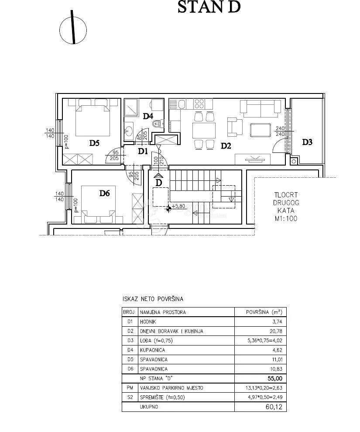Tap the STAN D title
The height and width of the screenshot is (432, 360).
click(x=209, y=7)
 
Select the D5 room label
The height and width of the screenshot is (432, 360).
click(x=94, y=143)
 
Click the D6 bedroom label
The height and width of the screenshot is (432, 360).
click(x=104, y=193)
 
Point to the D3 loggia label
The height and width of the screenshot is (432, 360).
click(x=307, y=142)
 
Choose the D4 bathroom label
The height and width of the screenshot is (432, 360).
click(x=148, y=116)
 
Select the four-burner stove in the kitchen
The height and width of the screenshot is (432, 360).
click(x=199, y=104)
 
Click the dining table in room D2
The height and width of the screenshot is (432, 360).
click(x=204, y=131)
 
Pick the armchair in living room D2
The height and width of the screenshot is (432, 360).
click(x=235, y=127)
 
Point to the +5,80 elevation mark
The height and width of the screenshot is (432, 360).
click(x=176, y=206)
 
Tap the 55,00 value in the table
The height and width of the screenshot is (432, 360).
click(x=274, y=378)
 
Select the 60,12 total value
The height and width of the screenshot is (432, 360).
click(x=274, y=407)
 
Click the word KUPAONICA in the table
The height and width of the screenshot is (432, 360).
click(x=152, y=350)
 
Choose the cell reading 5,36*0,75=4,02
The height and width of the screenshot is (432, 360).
click(x=265, y=341)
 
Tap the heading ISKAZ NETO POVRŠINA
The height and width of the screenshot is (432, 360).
click(x=153, y=299)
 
